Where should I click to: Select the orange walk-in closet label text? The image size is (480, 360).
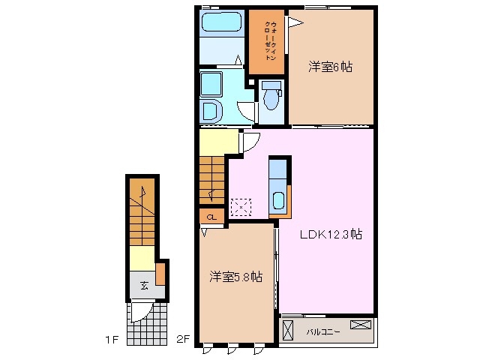pyautogui.click(x=267, y=42)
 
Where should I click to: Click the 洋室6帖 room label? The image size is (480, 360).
pyautogui.click(x=330, y=67)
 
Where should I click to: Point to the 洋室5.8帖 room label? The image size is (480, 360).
pyautogui.click(x=235, y=277)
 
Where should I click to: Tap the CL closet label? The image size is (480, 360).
pyautogui.click(x=212, y=217)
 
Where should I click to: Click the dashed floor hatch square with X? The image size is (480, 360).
pyautogui.click(x=241, y=205)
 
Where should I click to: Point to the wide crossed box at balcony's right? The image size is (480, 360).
pyautogui.click(x=360, y=325)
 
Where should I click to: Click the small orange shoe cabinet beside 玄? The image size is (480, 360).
pyautogui.click(x=160, y=274)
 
